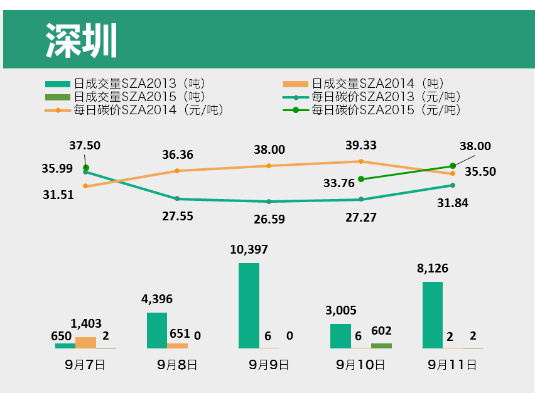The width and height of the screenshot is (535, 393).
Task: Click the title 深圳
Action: click(x=82, y=41)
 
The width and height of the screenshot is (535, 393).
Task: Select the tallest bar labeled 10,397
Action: click(x=249, y=305)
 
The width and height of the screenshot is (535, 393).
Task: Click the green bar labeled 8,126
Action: click(x=433, y=315)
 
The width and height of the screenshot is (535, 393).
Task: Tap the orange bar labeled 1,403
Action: click(x=85, y=342)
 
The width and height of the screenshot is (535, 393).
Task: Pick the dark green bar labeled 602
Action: click(x=381, y=345)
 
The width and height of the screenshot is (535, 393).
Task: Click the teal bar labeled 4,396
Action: click(x=157, y=330)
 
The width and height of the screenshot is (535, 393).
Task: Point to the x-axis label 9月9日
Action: click(x=269, y=364)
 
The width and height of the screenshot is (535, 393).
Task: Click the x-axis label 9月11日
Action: click(x=452, y=364)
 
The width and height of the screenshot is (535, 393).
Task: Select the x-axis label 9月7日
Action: click(x=85, y=364)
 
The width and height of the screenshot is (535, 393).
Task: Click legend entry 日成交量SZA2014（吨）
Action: click(x=377, y=83)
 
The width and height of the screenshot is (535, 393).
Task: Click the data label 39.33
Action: click(x=361, y=146)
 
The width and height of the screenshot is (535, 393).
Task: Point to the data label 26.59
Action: click(x=269, y=219)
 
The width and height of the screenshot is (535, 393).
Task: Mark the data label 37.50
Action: click(x=85, y=146)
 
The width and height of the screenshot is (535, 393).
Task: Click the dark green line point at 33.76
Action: click(x=361, y=179)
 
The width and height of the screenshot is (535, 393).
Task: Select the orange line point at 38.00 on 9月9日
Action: click(x=269, y=166)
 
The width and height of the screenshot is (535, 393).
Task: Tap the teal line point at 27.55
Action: click(x=177, y=198)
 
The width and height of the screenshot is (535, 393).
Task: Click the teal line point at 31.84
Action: click(x=453, y=185)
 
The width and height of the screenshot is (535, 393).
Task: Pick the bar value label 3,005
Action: click(x=341, y=310)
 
